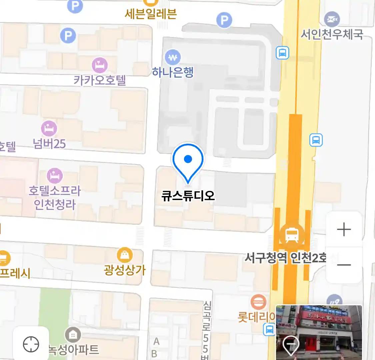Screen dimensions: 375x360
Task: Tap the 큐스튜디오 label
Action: click(188, 195)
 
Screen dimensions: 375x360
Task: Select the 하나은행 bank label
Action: click(173, 72)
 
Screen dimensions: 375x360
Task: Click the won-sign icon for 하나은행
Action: click(173, 58)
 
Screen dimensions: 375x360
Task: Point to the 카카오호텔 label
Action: click(100, 80)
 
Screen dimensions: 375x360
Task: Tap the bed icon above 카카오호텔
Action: click(100, 65)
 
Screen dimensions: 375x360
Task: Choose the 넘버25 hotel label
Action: click(49, 144)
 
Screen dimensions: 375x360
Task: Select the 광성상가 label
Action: click(125, 270)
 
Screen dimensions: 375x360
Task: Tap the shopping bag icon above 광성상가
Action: click(125, 255)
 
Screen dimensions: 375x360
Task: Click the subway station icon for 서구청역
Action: click(292, 235)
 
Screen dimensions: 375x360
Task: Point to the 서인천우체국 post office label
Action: click(332, 34)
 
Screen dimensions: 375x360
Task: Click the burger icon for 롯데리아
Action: click(258, 303)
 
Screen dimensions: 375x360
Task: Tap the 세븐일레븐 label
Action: click(151, 14)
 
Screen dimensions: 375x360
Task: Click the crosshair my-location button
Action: click(31, 344)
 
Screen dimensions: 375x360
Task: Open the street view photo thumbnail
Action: click(319, 332)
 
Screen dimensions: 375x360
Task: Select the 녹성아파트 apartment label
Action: click(74, 350)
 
